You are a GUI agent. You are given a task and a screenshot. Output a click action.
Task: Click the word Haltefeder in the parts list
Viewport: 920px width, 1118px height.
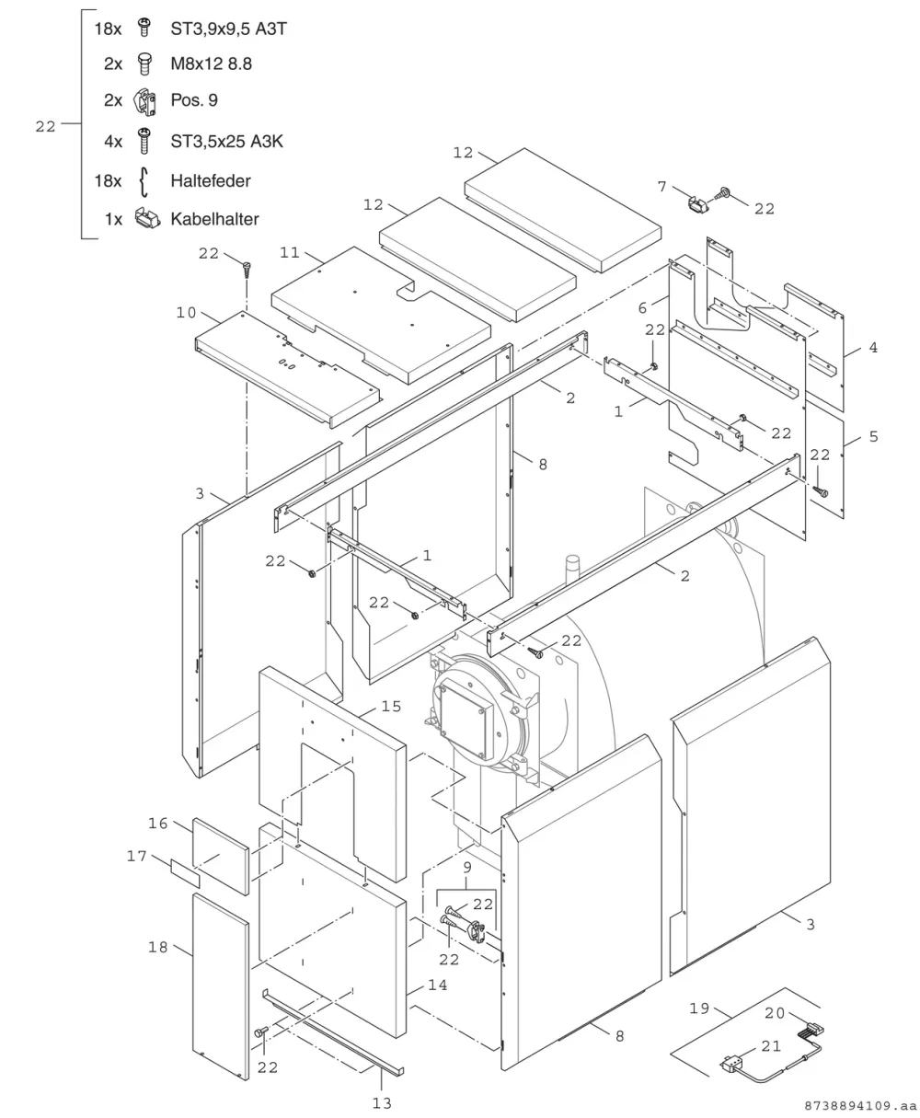click(x=211, y=180)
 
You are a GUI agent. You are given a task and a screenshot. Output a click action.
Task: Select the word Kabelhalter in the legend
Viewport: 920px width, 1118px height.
click(x=214, y=219)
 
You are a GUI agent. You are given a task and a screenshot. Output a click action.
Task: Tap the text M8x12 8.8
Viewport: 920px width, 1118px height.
click(x=211, y=63)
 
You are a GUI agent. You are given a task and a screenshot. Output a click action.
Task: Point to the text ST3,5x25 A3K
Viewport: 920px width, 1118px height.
click(x=227, y=142)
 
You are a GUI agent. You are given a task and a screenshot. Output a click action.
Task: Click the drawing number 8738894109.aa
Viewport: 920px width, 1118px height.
click(x=860, y=1106)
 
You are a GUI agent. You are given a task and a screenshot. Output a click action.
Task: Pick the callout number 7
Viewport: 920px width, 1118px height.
click(x=661, y=187)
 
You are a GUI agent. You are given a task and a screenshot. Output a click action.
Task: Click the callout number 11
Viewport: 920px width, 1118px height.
click(x=290, y=252)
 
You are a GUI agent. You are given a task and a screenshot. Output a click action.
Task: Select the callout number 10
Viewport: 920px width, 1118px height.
click(x=186, y=313)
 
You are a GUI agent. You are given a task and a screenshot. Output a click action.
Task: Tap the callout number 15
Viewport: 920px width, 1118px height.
click(x=391, y=707)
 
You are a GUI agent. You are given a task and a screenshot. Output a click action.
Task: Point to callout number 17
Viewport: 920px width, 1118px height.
click(x=137, y=856)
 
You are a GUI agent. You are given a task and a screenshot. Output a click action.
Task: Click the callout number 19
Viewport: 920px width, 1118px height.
click(x=699, y=1009)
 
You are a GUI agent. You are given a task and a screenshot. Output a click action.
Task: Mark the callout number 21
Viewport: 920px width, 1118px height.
click(x=771, y=1046)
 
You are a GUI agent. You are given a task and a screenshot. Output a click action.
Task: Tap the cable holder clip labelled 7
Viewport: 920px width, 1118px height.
click(x=698, y=204)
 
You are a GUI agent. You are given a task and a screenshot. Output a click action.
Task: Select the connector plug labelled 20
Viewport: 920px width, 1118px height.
click(x=811, y=1029)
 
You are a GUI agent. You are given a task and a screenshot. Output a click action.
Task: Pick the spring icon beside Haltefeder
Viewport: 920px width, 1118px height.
click(x=144, y=182)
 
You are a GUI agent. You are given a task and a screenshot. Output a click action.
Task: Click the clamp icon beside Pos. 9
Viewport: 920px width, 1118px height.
click(x=144, y=102)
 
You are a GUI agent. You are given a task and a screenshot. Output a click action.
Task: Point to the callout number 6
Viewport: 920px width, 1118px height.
click(x=642, y=307)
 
